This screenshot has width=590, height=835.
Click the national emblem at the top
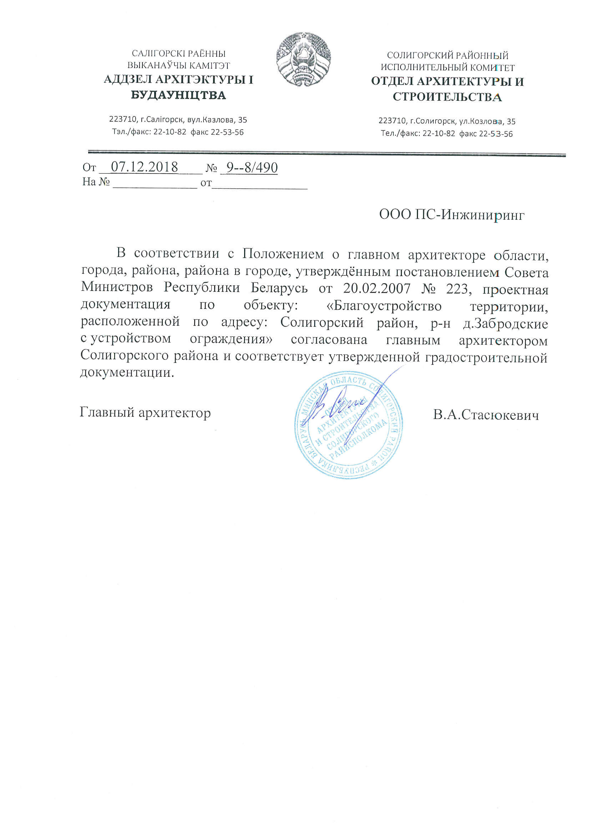303,59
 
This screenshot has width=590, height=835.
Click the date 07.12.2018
144,167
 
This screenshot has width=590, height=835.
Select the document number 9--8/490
252,167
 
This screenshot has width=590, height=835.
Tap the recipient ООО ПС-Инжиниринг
452,215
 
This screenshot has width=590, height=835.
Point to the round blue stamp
348,424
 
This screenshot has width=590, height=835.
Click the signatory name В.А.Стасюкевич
486,415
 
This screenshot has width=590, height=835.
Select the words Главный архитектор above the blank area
145,413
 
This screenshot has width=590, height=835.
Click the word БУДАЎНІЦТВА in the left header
178,95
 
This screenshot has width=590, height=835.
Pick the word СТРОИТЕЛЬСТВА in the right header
447,97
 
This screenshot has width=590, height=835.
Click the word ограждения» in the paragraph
231,339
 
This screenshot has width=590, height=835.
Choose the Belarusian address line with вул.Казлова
178,120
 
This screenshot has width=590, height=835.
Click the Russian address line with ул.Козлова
447,121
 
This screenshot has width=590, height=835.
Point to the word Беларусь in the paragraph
279,287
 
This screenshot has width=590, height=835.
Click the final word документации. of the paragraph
127,372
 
